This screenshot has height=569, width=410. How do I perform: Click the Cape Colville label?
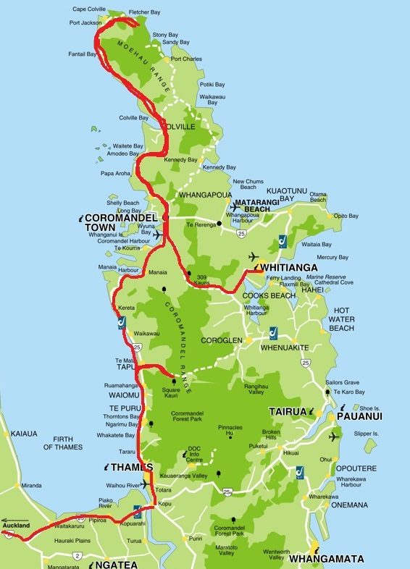89,9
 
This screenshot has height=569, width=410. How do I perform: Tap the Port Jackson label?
85,22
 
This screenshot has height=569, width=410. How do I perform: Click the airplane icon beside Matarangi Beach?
234,207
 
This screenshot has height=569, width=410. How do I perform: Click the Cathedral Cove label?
335,283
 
